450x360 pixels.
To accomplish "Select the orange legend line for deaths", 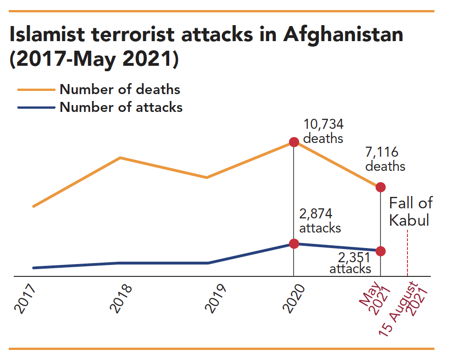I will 36,90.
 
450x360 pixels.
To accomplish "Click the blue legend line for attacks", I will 36,108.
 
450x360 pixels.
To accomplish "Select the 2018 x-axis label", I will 121,299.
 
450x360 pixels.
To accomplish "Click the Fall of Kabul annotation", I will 410,212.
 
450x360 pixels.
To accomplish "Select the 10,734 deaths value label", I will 323,131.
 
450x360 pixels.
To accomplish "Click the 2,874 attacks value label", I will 320,221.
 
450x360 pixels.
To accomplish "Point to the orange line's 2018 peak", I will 120,158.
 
